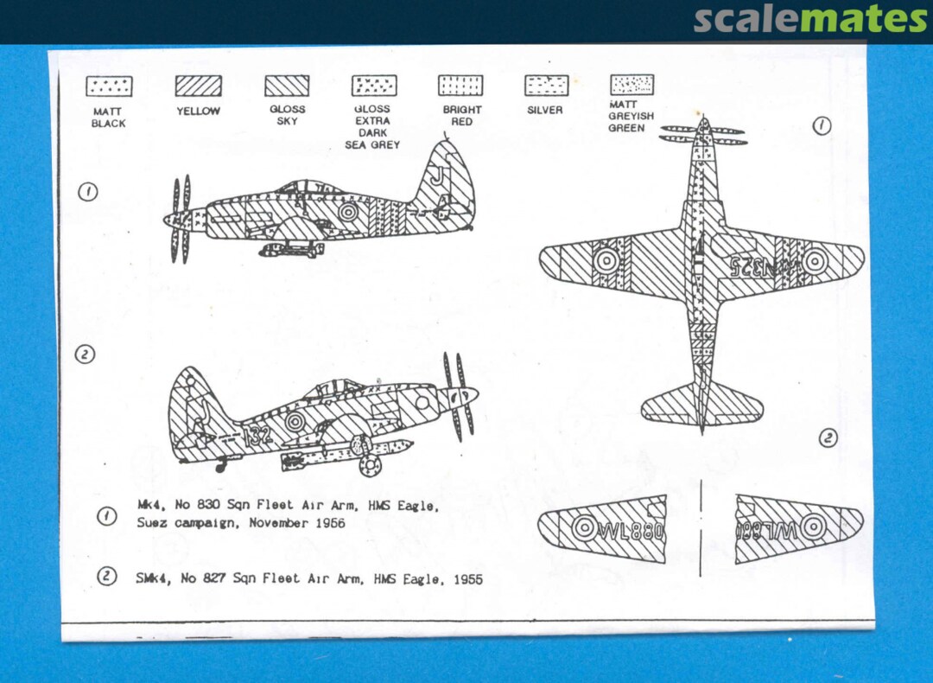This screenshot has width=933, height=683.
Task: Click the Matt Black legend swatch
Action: (x=109, y=86)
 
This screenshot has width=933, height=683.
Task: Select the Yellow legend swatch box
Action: (x=198, y=86)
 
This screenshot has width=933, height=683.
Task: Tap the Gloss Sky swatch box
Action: (x=287, y=85)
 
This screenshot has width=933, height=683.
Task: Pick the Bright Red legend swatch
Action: (x=460, y=85)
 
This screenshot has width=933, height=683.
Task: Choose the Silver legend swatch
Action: (x=546, y=85)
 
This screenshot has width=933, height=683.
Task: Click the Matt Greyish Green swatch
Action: (x=632, y=84)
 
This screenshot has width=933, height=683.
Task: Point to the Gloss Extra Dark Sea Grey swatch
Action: (x=374, y=85)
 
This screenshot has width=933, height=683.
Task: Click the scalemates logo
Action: (x=810, y=19)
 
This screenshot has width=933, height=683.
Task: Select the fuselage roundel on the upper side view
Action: (x=349, y=211)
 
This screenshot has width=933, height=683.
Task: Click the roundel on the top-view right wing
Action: (x=814, y=261)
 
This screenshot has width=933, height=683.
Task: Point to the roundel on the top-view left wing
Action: (x=606, y=259)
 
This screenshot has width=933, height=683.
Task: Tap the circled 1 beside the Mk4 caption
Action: (x=106, y=517)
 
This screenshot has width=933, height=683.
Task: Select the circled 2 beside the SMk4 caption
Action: (x=106, y=576)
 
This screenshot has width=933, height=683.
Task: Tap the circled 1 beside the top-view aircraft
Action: (x=822, y=126)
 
